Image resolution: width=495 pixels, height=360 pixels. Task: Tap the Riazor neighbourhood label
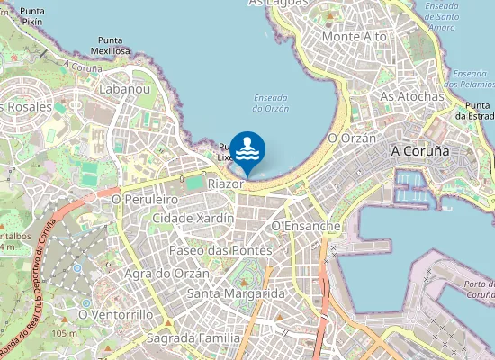pyautogui.click(x=226, y=184)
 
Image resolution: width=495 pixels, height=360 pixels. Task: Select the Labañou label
pyautogui.click(x=125, y=90)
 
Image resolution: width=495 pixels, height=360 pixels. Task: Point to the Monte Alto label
pyautogui.click(x=355, y=37)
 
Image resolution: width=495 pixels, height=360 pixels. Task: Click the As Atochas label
pyautogui.click(x=412, y=96)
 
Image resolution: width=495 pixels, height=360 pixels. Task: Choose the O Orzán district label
pyautogui.click(x=351, y=139)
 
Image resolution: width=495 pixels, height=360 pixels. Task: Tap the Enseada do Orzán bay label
pyautogui.click(x=271, y=103)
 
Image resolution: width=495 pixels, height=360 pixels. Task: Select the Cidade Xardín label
pyautogui.click(x=193, y=219)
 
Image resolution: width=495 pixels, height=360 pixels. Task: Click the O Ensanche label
pyautogui.click(x=307, y=226)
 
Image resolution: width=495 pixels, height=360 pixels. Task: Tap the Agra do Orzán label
pyautogui.click(x=167, y=274)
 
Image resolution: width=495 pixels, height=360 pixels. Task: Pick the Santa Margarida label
pyautogui.click(x=236, y=294)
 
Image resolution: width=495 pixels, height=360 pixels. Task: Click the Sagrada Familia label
pyautogui.click(x=195, y=338)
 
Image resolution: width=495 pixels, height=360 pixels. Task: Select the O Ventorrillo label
pyautogui.click(x=114, y=315)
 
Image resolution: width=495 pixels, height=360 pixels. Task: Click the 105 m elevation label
pyautogui.click(x=64, y=334)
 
